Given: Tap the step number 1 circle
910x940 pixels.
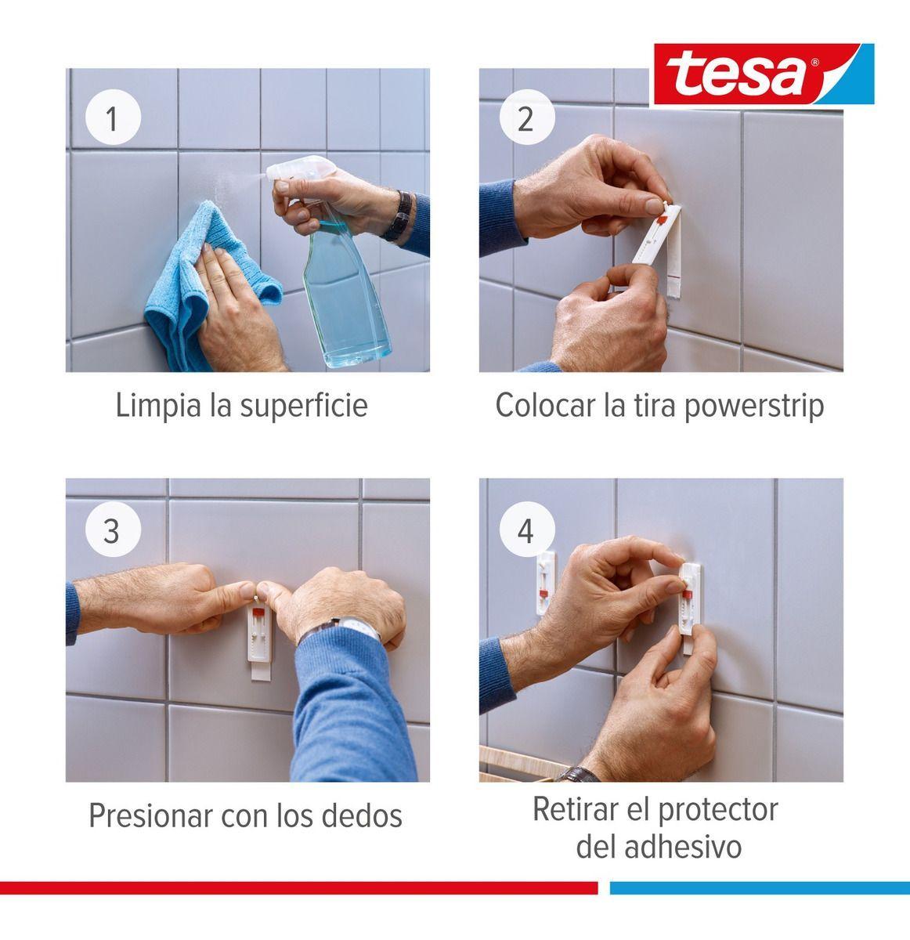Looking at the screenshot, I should [112, 120].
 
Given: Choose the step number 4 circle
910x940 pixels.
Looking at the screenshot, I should [525, 530].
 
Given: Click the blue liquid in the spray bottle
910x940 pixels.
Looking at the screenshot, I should [345, 305].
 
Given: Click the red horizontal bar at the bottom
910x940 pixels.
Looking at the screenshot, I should [298, 888].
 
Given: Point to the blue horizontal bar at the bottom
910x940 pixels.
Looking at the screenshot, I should [759, 888].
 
